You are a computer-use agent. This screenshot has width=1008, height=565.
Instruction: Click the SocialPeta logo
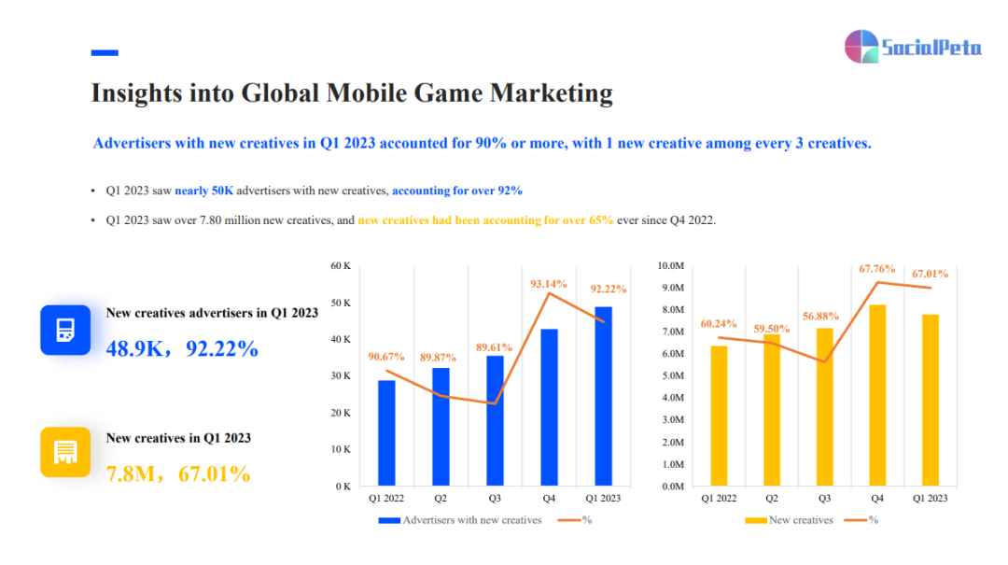tap(912, 47)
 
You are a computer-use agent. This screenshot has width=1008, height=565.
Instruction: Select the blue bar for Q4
tap(549, 407)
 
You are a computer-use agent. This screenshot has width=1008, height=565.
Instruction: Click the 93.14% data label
tap(549, 283)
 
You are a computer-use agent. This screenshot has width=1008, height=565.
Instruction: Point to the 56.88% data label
tap(819, 316)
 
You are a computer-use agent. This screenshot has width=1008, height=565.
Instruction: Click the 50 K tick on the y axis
tap(340, 304)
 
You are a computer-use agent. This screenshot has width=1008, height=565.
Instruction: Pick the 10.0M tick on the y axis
tap(671, 266)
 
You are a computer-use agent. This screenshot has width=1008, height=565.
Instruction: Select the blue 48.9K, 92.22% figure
tap(182, 349)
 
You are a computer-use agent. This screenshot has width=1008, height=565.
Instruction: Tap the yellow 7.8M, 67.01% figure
tap(178, 473)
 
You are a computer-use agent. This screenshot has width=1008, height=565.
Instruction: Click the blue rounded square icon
tap(65, 330)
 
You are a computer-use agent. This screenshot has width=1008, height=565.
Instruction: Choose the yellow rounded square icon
tap(65, 452)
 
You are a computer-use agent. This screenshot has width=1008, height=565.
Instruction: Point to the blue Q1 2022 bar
tap(386, 432)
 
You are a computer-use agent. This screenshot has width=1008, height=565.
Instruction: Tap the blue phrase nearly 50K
tap(203, 191)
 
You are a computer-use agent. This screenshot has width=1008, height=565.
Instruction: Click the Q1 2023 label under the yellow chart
tap(930, 499)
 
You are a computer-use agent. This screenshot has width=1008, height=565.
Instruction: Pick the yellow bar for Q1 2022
tap(718, 416)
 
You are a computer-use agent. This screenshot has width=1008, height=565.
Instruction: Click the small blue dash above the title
tap(105, 53)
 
